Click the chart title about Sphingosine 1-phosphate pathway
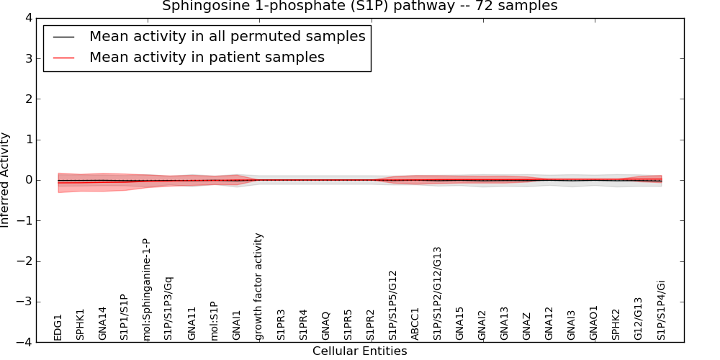coord(359,6)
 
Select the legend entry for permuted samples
coord(227,37)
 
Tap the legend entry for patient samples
coord(207,58)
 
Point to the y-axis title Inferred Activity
coord(6,179)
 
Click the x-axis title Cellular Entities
coord(359,351)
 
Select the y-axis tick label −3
coord(27,302)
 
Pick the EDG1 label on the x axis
coord(58,326)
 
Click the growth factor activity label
coord(259,286)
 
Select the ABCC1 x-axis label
coord(415,323)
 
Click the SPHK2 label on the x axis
coord(616,324)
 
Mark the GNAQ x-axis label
coord(326,325)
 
